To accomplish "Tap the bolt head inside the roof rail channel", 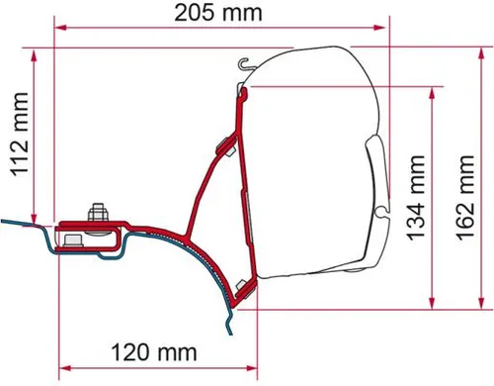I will tap(71, 241).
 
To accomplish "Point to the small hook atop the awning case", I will tap(242, 63).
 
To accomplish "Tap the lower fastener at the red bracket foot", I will tap(240, 289).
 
